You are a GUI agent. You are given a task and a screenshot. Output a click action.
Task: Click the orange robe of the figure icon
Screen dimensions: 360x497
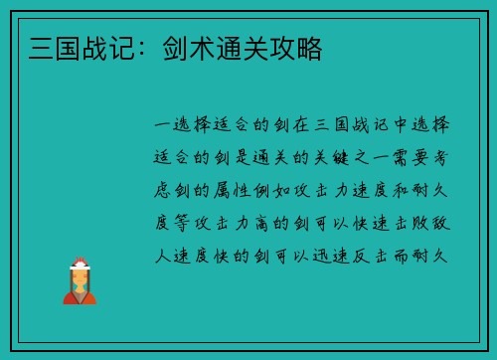[80, 294]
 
